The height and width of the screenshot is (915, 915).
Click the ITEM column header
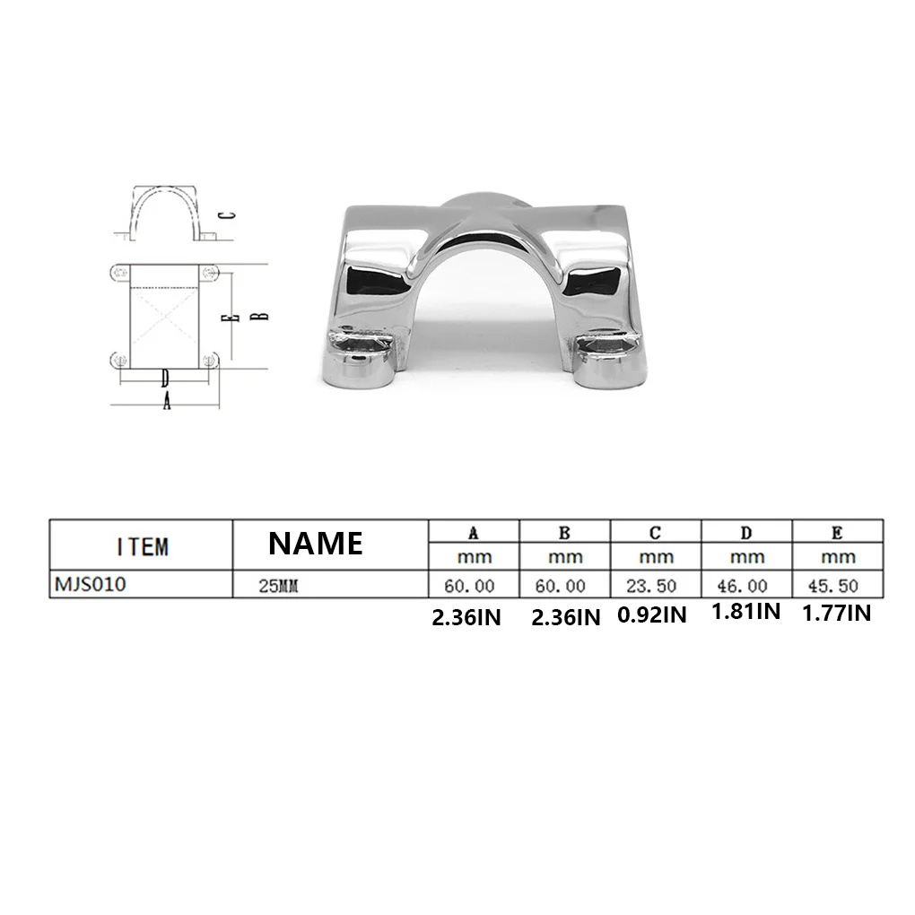point(143,547)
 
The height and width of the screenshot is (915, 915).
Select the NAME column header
point(316,544)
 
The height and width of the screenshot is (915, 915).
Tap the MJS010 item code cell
point(91,584)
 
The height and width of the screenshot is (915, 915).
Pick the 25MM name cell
point(278,586)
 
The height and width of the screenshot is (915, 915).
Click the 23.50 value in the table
point(651,586)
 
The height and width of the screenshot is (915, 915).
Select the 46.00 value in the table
point(742,586)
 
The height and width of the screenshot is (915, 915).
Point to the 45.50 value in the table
point(833,586)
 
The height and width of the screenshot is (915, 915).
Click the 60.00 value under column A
point(469,586)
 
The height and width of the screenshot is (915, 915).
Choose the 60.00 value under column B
point(560,586)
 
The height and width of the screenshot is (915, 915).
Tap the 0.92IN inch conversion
point(652,615)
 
